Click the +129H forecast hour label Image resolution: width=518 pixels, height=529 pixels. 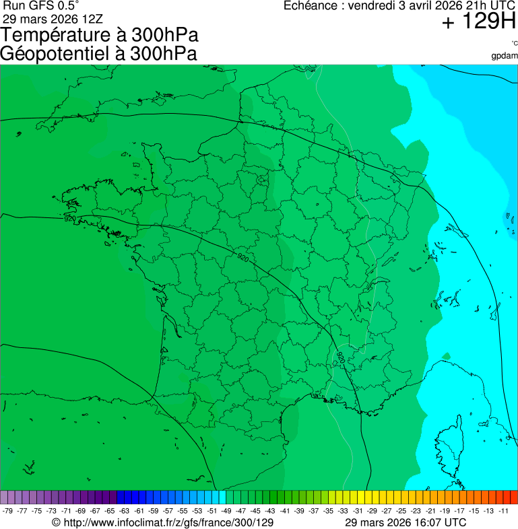click(478, 22)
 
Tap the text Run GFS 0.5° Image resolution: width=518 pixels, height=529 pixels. click(41, 5)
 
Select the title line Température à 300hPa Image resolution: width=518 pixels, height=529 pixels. click(100, 36)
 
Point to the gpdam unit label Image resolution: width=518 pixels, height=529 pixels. click(505, 56)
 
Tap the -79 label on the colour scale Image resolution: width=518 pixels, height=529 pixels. click(8, 511)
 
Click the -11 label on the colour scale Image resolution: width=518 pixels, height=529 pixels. click(503, 511)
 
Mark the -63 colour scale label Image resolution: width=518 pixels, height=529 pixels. click(125, 511)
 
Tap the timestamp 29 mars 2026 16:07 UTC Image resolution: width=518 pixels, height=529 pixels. click(406, 522)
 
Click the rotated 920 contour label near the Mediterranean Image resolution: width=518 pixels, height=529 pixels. click(341, 357)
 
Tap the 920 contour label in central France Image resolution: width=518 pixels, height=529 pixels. click(242, 258)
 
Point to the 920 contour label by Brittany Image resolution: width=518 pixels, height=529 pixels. click(69, 219)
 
